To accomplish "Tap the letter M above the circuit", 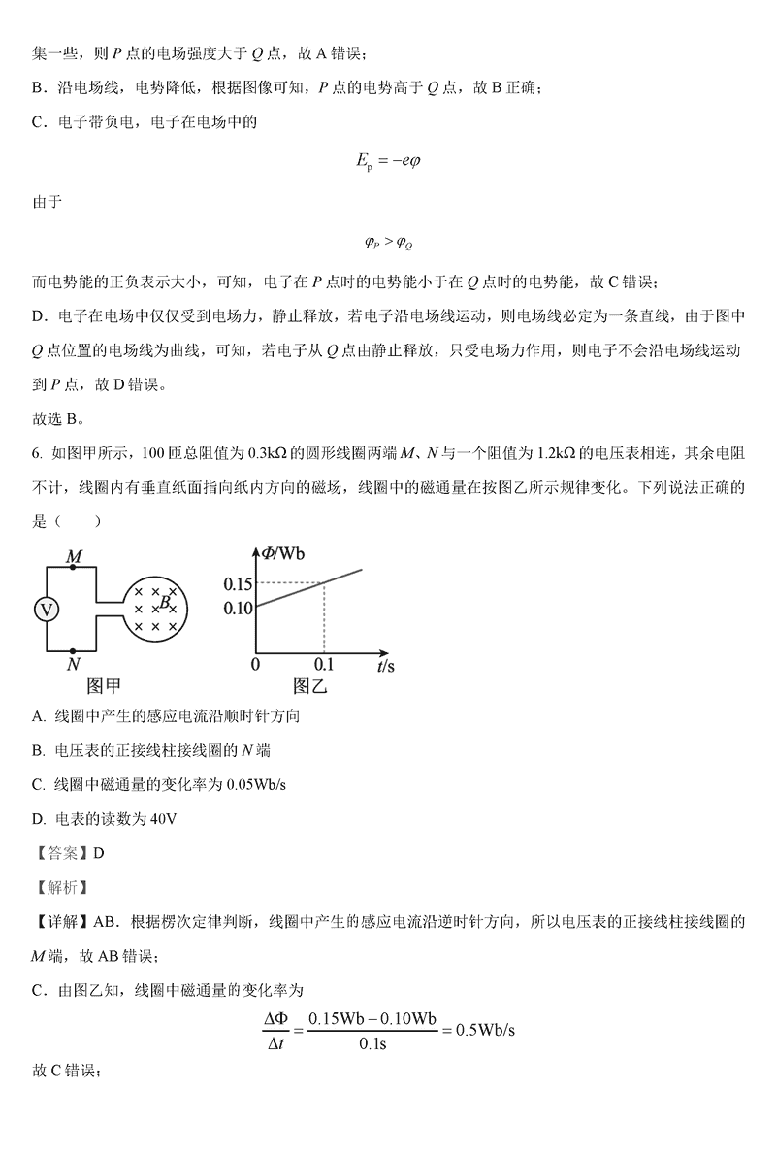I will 72,557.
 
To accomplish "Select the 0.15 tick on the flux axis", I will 238,583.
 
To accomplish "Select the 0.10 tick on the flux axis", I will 238,609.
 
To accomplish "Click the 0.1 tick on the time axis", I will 323,665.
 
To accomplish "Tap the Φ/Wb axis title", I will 281,553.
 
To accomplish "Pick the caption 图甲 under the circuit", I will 105,687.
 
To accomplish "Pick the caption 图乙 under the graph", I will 311,687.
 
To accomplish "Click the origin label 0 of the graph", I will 255,665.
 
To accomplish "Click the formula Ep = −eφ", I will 388,160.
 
